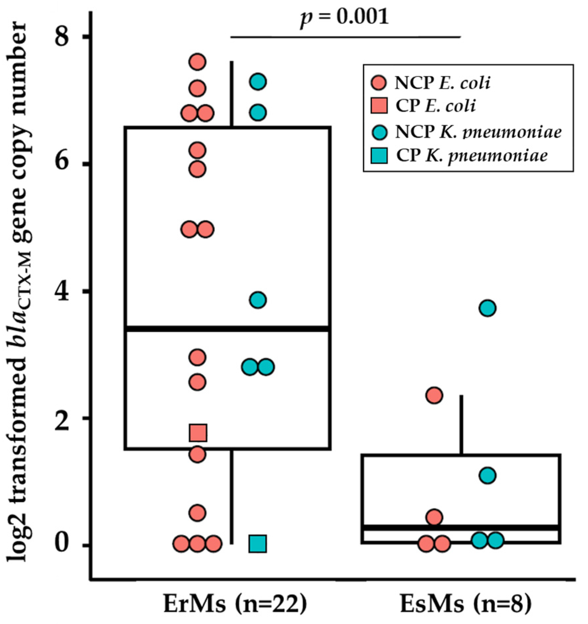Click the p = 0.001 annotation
pos(344,17)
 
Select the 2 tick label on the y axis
pos(64,418)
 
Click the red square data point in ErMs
pos(198,433)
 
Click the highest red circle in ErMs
pos(198,62)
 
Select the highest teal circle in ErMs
pos(258,82)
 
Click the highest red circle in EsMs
pos(434,396)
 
